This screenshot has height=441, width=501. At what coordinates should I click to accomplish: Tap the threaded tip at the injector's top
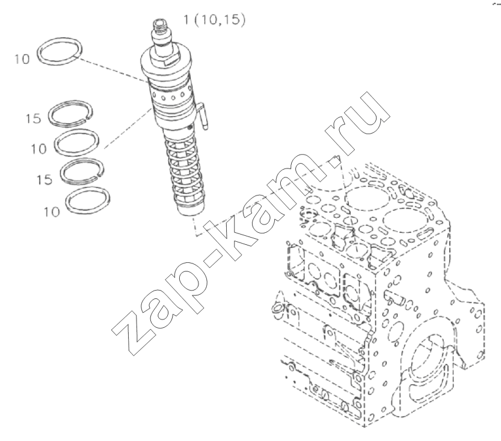160,25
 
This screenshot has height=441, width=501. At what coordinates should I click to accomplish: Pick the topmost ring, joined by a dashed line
60,51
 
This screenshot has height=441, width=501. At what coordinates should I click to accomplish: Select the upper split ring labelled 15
70,113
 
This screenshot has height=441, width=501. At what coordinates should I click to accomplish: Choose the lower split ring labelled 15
82,171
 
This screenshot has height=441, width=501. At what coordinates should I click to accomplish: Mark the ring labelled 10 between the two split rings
76,142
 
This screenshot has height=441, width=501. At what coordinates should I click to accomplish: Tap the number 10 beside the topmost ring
22,59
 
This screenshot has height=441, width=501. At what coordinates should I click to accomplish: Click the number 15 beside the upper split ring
34,119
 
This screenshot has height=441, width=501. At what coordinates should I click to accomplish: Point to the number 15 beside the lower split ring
45,180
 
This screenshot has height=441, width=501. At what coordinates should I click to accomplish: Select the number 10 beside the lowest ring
52,212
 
